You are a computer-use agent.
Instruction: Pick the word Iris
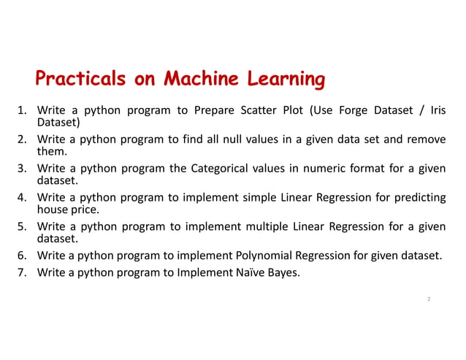(438, 111)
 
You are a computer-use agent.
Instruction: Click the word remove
(427, 139)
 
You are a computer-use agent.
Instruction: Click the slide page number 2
(428, 299)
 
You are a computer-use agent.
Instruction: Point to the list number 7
(22, 274)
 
